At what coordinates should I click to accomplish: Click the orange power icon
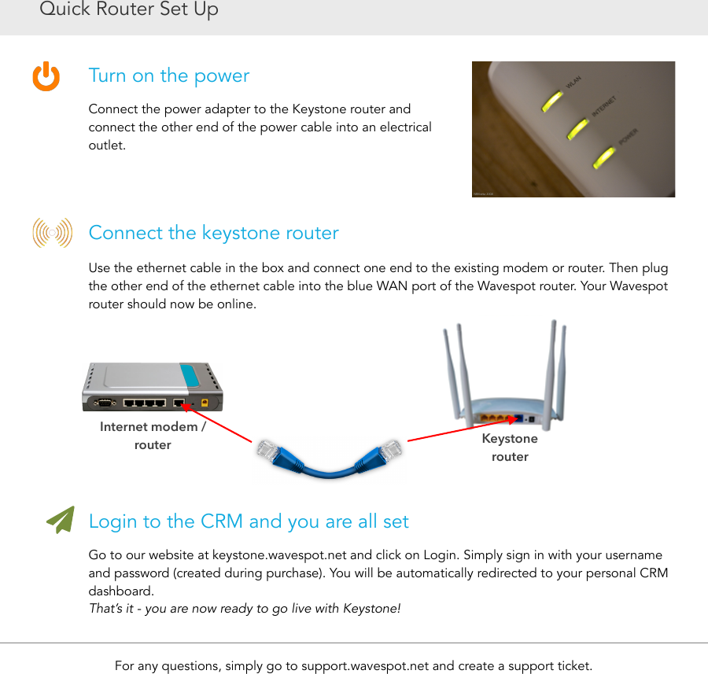pos(46,76)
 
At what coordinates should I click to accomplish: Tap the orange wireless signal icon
pos(52,233)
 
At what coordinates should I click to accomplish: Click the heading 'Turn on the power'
pos(168,76)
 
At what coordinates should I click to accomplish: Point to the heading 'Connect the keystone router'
pos(213,233)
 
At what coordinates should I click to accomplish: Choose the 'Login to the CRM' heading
pos(249,521)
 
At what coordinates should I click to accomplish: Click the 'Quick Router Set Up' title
pos(129,10)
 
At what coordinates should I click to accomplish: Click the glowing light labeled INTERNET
pos(578,128)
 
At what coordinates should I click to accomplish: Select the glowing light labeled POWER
pos(604,157)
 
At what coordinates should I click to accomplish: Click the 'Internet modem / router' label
pos(153,436)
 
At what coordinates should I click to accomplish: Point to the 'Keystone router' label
pos(510,447)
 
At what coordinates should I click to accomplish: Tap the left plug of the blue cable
pos(271,453)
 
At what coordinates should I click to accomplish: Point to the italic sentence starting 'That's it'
pos(245,609)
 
